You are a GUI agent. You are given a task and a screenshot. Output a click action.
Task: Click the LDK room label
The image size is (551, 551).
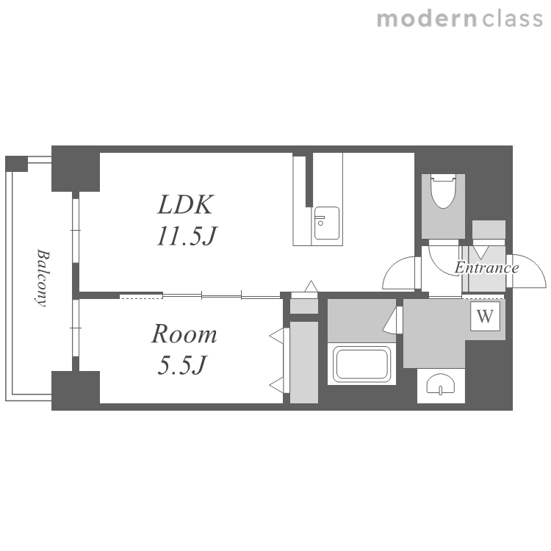coord(185,204)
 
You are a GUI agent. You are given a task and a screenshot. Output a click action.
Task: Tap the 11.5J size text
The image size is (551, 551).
coord(186,235)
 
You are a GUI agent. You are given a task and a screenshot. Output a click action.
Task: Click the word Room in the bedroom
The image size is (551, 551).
coord(184,334)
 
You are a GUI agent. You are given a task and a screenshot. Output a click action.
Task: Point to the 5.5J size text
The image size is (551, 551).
coord(181,365)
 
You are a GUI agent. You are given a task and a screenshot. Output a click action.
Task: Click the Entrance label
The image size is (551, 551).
coord(486,267)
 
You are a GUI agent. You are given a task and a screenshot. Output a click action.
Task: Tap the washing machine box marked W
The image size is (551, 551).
coord(485,316)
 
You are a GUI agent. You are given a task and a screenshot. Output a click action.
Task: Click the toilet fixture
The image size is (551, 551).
coord(444,192)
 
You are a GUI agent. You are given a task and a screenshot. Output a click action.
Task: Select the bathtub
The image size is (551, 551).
coord(362,364)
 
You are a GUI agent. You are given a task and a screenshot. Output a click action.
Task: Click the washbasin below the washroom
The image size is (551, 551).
coord(441,385)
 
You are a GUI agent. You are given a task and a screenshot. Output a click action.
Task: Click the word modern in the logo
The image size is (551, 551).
coord(427,19)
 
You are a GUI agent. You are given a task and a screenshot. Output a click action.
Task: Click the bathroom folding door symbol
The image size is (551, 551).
coord(391,320)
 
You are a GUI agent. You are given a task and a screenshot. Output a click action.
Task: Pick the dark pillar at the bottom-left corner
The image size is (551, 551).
coord(76,390)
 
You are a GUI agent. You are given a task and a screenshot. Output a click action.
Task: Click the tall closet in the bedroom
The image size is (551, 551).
coord(304,363)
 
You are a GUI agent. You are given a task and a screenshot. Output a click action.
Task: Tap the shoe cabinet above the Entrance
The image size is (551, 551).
coord(489,230)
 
